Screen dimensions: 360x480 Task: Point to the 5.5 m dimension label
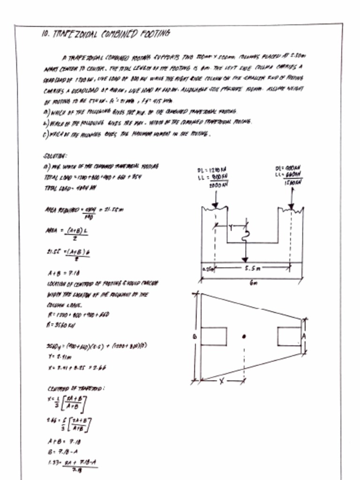252,269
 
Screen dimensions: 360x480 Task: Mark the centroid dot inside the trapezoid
244,336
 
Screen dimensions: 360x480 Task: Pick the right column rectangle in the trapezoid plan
288,336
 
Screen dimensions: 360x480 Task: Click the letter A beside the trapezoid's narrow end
304,336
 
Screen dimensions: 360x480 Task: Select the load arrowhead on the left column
215,204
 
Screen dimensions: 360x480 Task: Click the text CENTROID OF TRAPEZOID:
75,389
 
